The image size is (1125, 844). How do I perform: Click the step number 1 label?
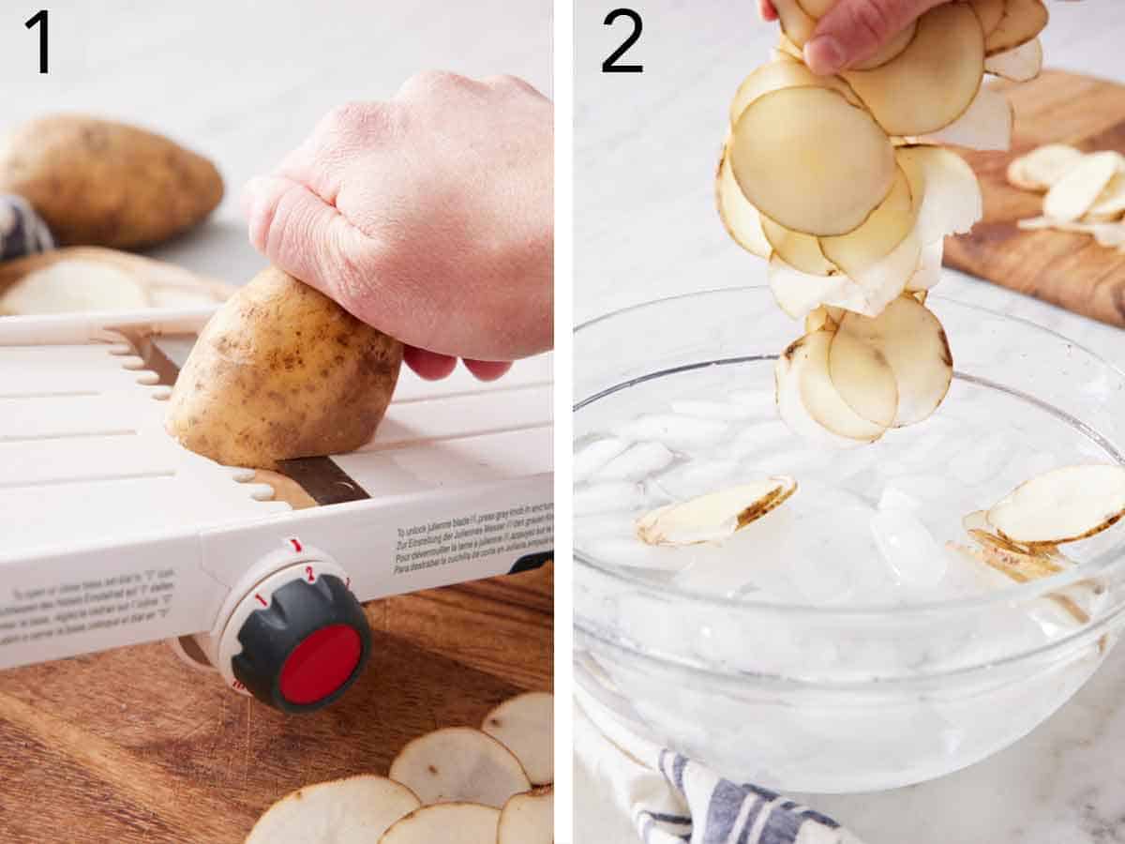[x=37, y=41]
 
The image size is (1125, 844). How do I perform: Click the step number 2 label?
[x=622, y=41]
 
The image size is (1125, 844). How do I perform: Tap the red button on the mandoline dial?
[x=320, y=663]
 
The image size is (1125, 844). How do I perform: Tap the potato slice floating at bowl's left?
[x=716, y=511]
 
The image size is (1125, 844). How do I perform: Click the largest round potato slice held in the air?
[x=812, y=159]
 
